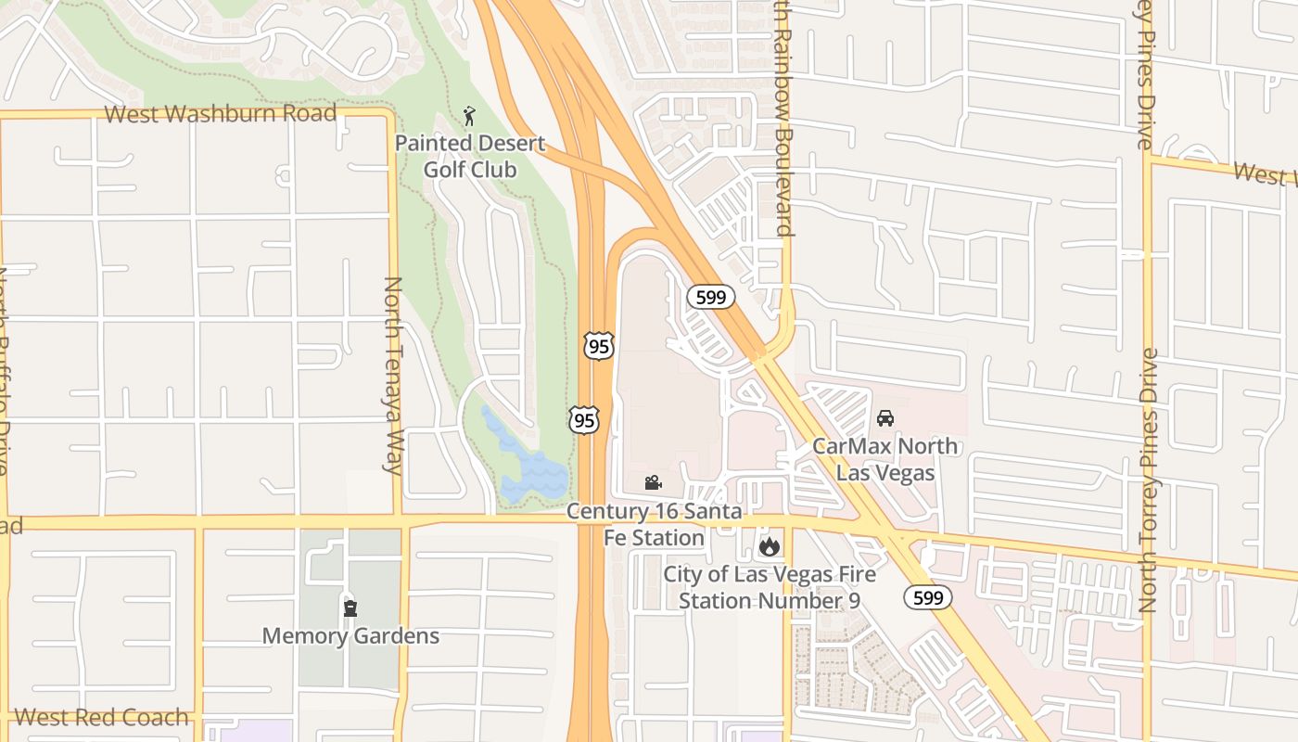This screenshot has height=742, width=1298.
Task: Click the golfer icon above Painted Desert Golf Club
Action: pyautogui.click(x=469, y=116)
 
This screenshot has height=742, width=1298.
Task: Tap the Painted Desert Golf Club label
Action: pyautogui.click(x=470, y=157)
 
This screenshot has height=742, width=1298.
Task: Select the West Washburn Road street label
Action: pyautogui.click(x=220, y=114)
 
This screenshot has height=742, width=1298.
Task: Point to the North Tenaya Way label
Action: pyautogui.click(x=393, y=375)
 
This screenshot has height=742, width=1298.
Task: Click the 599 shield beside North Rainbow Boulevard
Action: pyautogui.click(x=711, y=297)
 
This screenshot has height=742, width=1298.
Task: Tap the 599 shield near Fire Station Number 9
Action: pyautogui.click(x=928, y=597)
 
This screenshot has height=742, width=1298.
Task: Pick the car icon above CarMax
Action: pyautogui.click(x=885, y=418)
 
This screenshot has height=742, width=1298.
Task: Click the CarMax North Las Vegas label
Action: pyautogui.click(x=885, y=459)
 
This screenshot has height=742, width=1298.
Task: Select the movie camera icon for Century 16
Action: pyautogui.click(x=654, y=482)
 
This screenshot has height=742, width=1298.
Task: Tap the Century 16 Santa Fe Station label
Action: pyautogui.click(x=655, y=524)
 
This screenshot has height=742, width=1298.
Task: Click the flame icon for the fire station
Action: pyautogui.click(x=769, y=546)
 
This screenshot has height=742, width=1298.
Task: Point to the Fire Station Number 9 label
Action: pyautogui.click(x=769, y=587)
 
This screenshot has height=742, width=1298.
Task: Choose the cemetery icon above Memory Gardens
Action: pyautogui.click(x=350, y=608)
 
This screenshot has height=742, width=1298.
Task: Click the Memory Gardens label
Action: pyautogui.click(x=350, y=636)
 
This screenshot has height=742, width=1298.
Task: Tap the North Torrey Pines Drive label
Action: pyautogui.click(x=1149, y=480)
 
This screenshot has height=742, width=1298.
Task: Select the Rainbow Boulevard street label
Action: pyautogui.click(x=784, y=121)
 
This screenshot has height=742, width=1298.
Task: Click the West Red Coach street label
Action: pyautogui.click(x=102, y=717)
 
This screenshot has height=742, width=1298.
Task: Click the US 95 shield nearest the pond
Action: pyautogui.click(x=584, y=420)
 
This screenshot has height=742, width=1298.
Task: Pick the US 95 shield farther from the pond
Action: pyautogui.click(x=599, y=346)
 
